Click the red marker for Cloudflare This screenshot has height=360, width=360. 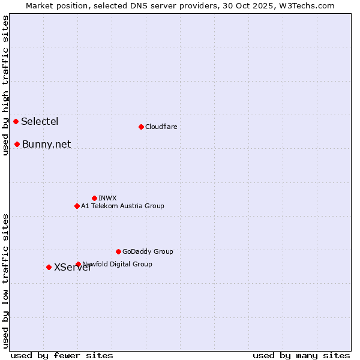(141, 127)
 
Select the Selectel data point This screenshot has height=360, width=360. (16, 121)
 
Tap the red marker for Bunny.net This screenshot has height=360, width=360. (17, 144)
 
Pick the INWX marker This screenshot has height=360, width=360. (94, 198)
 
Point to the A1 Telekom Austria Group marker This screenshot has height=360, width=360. (77, 206)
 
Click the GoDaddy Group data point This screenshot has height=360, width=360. (118, 251)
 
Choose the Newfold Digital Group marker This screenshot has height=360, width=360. (78, 264)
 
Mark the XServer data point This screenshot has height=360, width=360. (49, 267)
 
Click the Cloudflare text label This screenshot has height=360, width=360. (161, 127)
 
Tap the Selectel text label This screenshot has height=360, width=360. (40, 121)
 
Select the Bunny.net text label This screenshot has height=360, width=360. (46, 144)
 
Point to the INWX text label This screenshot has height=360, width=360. (107, 198)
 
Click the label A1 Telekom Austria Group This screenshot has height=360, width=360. (122, 206)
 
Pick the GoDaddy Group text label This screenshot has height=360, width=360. (148, 251)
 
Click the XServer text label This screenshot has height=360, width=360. (73, 268)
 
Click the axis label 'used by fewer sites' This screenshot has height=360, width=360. (62, 355)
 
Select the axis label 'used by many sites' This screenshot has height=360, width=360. (301, 355)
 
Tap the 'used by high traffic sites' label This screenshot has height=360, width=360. (5, 85)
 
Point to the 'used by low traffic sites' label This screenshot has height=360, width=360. (5, 280)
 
